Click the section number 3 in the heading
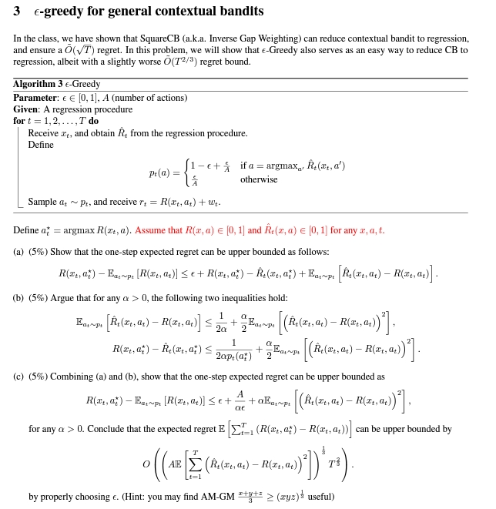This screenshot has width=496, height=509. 17,12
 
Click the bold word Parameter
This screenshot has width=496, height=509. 35,98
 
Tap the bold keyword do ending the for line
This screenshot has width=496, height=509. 93,121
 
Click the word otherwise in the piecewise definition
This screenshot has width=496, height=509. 259,179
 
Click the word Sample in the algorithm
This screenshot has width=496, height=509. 42,203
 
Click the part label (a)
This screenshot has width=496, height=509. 18,252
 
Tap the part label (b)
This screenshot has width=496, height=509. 18,298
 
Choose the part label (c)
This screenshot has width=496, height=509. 18,377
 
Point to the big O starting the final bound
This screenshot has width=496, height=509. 146,464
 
